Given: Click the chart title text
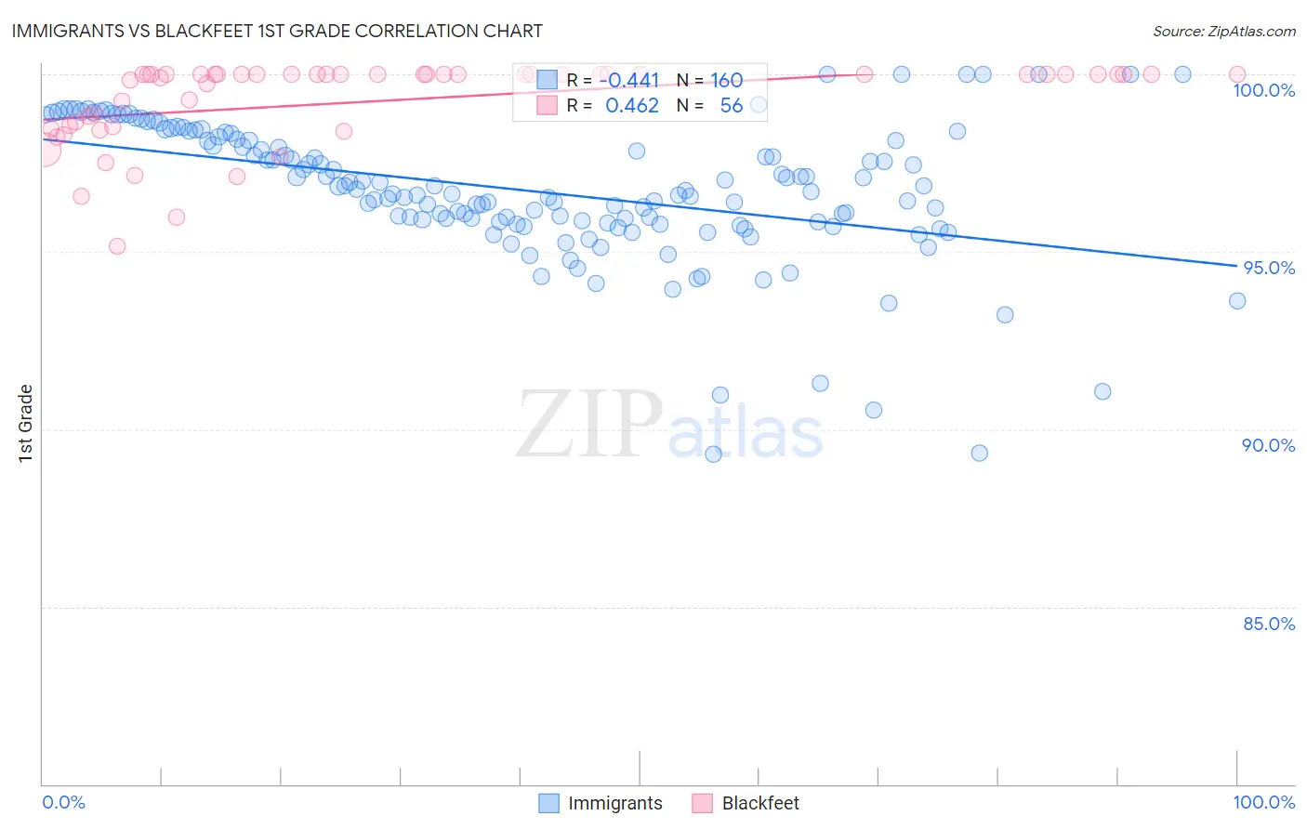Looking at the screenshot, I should click(277, 31).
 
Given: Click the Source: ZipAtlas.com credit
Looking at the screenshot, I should click(1223, 31).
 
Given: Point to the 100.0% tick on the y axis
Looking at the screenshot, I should click(1263, 90).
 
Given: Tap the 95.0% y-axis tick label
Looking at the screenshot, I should click(1268, 268).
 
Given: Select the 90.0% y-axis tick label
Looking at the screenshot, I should click(1268, 445).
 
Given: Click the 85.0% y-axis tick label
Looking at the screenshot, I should click(1268, 624).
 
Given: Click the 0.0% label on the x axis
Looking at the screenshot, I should click(63, 802).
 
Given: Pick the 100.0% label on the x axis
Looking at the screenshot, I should click(1263, 802).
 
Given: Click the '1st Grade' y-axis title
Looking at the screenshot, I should click(26, 423).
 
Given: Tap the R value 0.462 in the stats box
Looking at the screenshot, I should click(632, 106).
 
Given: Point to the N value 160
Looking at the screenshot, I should click(726, 81).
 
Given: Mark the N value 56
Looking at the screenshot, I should click(731, 106).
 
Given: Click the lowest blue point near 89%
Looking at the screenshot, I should click(713, 454).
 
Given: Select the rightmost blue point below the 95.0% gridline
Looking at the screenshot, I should click(1236, 301).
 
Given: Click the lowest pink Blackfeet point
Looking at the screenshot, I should click(117, 246).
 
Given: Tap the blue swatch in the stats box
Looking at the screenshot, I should click(547, 81).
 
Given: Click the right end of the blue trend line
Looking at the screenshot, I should click(1236, 267).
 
